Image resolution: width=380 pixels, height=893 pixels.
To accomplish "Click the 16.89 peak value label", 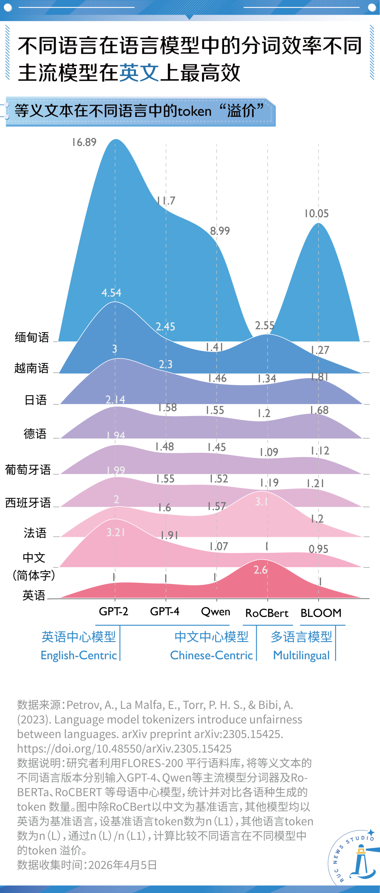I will pyautogui.click(x=84, y=142).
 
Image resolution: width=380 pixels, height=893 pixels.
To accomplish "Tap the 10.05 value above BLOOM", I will pyautogui.click(x=316, y=214).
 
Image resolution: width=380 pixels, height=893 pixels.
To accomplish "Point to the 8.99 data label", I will pyautogui.click(x=220, y=231).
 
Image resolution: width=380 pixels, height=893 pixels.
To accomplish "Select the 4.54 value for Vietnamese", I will pyautogui.click(x=111, y=293).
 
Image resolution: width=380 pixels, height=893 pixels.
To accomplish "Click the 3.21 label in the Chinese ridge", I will pyautogui.click(x=116, y=532).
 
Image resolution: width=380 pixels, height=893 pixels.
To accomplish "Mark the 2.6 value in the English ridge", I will pyautogui.click(x=260, y=570).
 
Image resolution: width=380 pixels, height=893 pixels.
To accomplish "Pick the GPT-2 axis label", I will pyautogui.click(x=113, y=611).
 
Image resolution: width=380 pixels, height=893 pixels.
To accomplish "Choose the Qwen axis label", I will pyautogui.click(x=215, y=612).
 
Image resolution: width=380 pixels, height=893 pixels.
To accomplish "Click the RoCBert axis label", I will pyautogui.click(x=267, y=613).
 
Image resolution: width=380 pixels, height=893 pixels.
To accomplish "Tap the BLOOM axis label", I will pyautogui.click(x=321, y=613).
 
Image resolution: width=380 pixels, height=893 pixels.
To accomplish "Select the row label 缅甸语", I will pyautogui.click(x=32, y=337).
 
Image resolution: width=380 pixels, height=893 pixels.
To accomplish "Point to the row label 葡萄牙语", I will pyautogui.click(x=28, y=470).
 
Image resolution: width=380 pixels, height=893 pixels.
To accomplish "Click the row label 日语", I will pyautogui.click(x=36, y=400).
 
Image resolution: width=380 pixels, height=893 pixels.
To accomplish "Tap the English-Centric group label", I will pyautogui.click(x=79, y=655).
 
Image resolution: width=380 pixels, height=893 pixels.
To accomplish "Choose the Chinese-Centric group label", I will pyautogui.click(x=211, y=655).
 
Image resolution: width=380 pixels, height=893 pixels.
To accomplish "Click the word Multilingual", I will pyautogui.click(x=302, y=655).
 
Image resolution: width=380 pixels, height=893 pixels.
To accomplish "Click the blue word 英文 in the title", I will pyautogui.click(x=139, y=73).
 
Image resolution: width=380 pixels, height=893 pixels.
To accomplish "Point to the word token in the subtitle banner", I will pyautogui.click(x=194, y=111).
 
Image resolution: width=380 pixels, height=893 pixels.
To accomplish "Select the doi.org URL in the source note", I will pyautogui.click(x=124, y=748).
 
